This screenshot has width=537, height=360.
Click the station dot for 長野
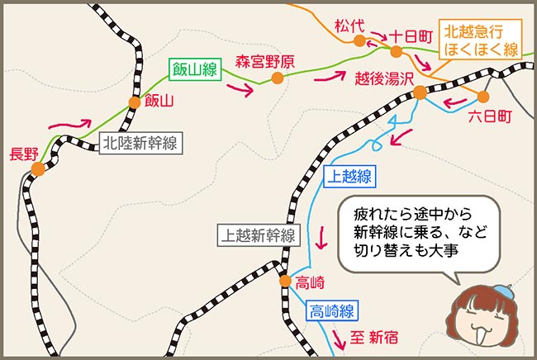[x=38, y=168]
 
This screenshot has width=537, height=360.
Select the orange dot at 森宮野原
[x=277, y=78]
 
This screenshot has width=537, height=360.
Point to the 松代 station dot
[x=359, y=40]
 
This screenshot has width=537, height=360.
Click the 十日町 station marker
[x=397, y=51]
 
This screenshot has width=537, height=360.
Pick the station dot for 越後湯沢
[x=420, y=92]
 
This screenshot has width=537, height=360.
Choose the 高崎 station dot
[x=284, y=281]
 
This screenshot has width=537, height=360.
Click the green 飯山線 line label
[x=193, y=70]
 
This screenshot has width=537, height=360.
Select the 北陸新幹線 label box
[x=139, y=142]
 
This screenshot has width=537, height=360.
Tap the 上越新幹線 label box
[x=257, y=235]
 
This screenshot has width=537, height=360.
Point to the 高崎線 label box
[x=333, y=311]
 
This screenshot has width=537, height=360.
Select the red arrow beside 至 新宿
[x=338, y=337]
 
